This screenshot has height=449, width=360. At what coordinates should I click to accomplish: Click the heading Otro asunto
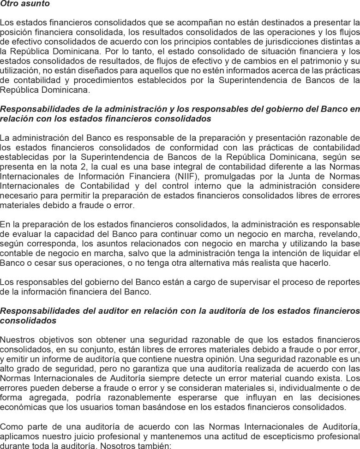pyautogui.click(x=25, y=4)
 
